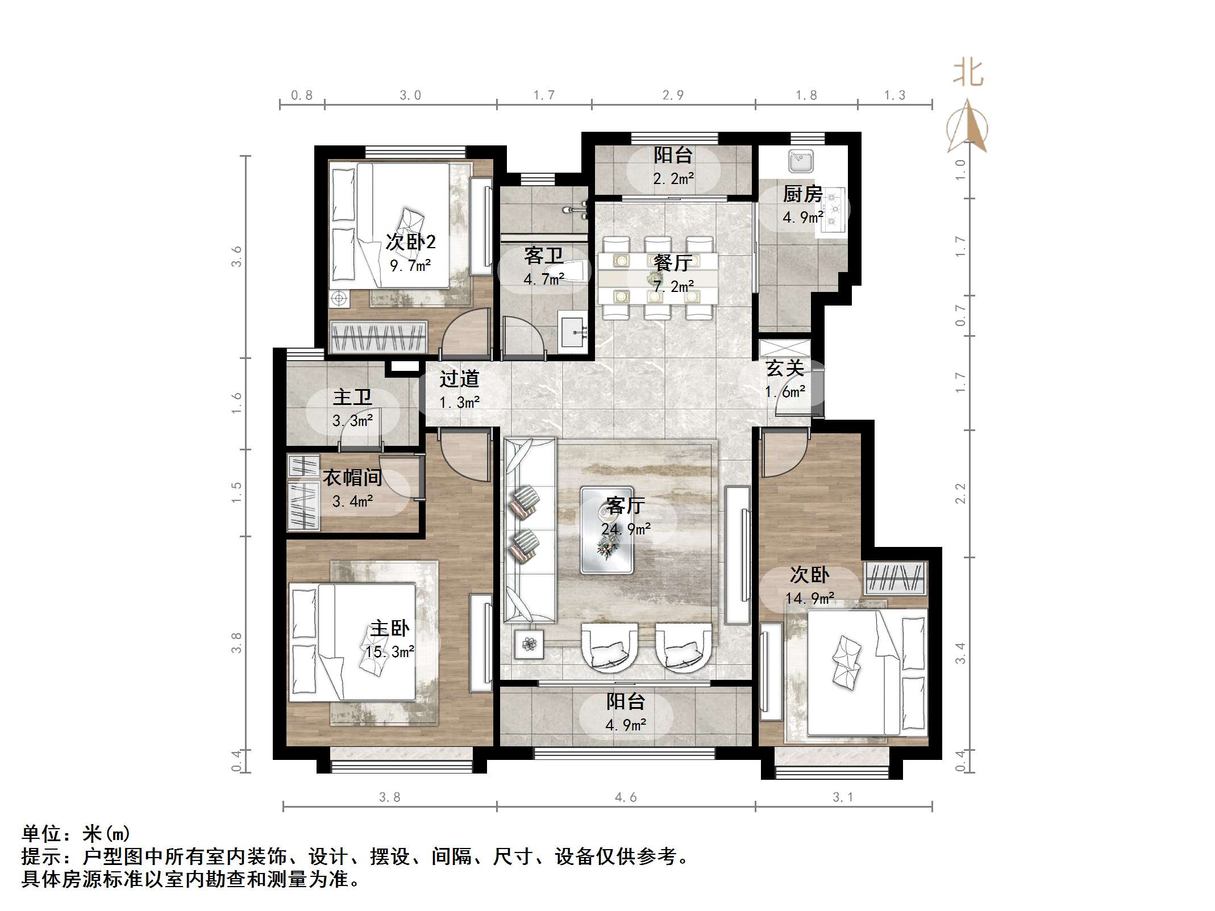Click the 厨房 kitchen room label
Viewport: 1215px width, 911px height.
click(x=802, y=194)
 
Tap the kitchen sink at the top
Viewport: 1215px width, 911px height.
click(x=801, y=161)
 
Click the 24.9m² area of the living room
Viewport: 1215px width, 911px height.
click(x=626, y=529)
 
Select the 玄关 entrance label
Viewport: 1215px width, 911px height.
click(x=785, y=369)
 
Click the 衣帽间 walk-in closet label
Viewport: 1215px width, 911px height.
click(x=352, y=478)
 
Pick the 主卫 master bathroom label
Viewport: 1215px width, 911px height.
click(x=352, y=397)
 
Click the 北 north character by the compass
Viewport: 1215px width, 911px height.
click(x=968, y=74)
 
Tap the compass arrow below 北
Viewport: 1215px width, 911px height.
click(x=967, y=127)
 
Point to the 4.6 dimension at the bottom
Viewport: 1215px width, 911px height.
click(x=625, y=797)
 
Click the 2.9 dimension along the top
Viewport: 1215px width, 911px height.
click(x=673, y=95)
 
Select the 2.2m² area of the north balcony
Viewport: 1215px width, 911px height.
click(x=673, y=179)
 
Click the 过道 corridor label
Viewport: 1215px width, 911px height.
click(x=459, y=379)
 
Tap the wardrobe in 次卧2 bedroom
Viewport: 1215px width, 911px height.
click(x=378, y=337)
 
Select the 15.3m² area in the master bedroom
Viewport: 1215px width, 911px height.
click(x=390, y=652)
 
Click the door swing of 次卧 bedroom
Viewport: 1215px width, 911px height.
click(x=783, y=454)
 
